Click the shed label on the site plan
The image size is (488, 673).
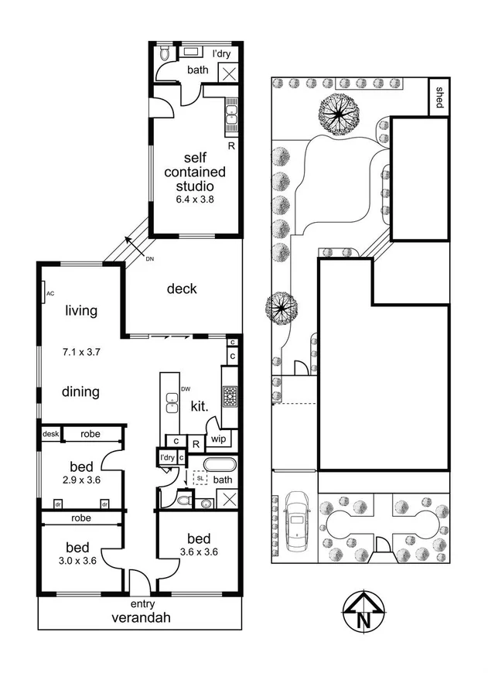click(440, 97)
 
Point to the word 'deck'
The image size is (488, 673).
click(182, 289)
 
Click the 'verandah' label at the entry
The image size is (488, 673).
click(141, 618)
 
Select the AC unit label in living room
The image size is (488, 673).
click(49, 294)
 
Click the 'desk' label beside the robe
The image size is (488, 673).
click(50, 434)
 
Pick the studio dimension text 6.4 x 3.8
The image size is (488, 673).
click(194, 199)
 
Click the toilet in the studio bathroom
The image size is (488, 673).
click(162, 55)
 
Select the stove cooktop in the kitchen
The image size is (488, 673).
click(230, 398)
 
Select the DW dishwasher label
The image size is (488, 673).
click(185, 388)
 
